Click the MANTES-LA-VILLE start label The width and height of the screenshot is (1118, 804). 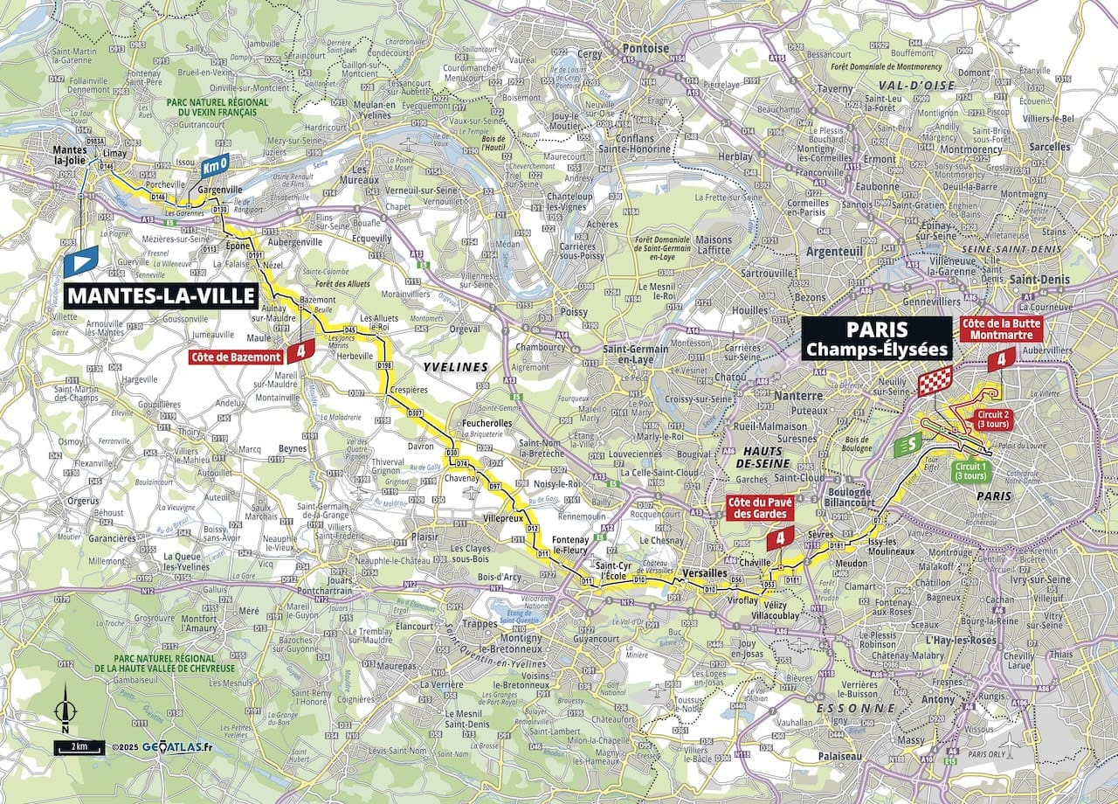pyautogui.click(x=161, y=295)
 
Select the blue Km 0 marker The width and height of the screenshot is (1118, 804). pyautogui.click(x=214, y=164)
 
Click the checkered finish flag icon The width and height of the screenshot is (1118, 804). pyautogui.click(x=934, y=381)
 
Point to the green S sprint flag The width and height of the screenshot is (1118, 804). pyautogui.click(x=908, y=444)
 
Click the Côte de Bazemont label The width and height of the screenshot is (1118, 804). pyautogui.click(x=237, y=356)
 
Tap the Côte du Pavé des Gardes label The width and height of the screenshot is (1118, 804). pyautogui.click(x=760, y=509)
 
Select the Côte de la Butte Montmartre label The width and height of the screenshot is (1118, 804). pyautogui.click(x=1000, y=328)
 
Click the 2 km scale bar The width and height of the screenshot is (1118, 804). pyautogui.click(x=78, y=747)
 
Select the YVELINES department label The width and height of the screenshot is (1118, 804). pyautogui.click(x=455, y=367)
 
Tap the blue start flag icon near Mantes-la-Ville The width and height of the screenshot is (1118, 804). pyautogui.click(x=80, y=261)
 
